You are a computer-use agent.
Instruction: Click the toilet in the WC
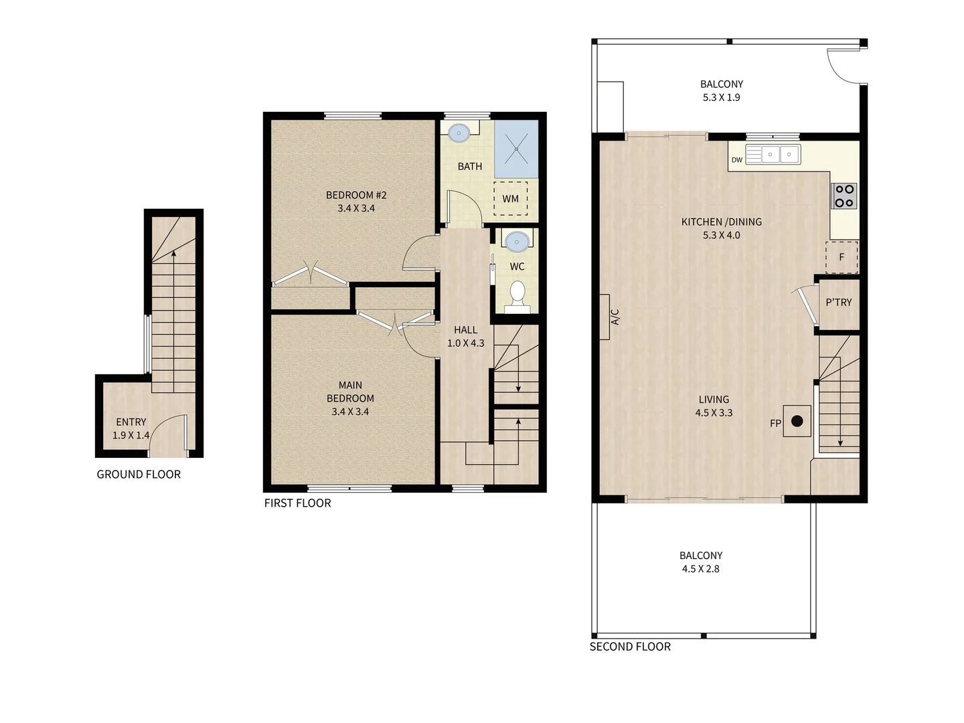(x=517, y=295)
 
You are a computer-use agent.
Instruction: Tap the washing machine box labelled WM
(x=511, y=198)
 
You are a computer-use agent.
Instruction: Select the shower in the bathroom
(x=516, y=149)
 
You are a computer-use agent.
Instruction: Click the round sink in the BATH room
(x=459, y=133)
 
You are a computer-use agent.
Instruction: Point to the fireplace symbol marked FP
(x=797, y=421)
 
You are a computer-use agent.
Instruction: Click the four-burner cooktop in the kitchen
(x=844, y=196)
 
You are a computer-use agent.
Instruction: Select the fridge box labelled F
(x=841, y=257)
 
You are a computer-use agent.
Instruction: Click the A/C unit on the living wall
(x=605, y=317)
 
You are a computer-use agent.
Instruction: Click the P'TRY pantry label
(x=839, y=303)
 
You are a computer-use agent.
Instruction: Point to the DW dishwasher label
(x=736, y=160)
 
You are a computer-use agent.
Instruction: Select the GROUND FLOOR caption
(x=139, y=475)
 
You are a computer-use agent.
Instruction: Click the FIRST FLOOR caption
(x=297, y=503)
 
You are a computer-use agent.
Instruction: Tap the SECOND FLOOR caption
(x=630, y=647)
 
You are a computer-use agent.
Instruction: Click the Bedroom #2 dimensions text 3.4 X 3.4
(x=356, y=208)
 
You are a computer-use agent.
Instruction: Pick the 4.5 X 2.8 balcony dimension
(x=700, y=569)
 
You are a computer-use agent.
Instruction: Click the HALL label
(x=465, y=330)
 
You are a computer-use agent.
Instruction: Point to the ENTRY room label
(x=131, y=422)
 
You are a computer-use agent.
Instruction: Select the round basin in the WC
(x=517, y=240)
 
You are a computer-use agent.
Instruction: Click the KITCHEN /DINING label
(x=721, y=222)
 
